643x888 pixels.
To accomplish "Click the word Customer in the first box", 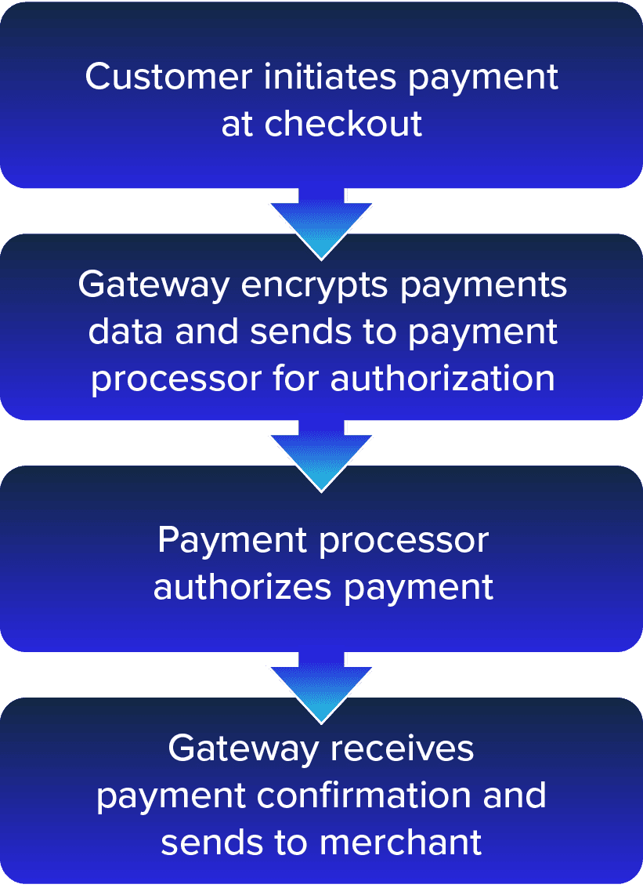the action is tap(168, 77).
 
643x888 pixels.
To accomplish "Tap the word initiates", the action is tap(330, 77).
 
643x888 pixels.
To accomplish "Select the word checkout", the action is tap(343, 124).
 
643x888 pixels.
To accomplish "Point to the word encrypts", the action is tap(314, 285).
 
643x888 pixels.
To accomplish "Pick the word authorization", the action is tap(442, 379).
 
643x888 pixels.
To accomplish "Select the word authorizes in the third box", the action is tap(242, 587).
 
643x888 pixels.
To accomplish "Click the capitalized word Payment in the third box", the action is tap(232, 540).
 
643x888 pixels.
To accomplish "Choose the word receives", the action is tap(401, 748).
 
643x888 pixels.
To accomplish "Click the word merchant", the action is tap(400, 842).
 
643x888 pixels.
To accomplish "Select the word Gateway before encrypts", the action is tap(154, 285).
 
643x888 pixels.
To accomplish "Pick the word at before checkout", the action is tap(236, 125).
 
